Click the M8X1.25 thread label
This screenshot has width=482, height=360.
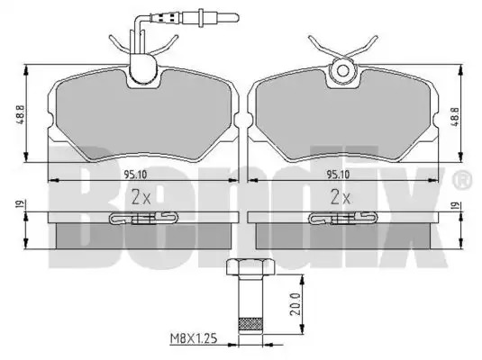click(x=194, y=338)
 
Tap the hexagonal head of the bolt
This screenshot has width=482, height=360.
click(x=250, y=267)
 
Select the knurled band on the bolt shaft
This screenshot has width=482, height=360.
click(x=250, y=324)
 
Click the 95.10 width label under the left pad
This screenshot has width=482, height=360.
click(x=135, y=175)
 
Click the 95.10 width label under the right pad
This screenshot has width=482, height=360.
click(x=338, y=175)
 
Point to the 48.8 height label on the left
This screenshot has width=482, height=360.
click(x=19, y=115)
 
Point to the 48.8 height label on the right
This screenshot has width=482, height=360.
click(x=455, y=116)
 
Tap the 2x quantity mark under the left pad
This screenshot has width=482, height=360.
click(x=141, y=197)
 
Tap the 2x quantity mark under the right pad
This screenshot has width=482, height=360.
click(x=341, y=197)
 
